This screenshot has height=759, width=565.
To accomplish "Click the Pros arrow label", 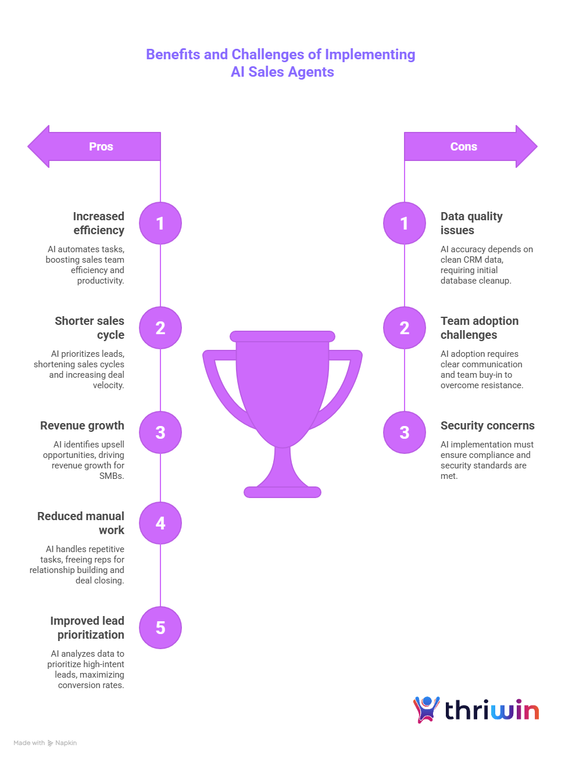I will [101, 146].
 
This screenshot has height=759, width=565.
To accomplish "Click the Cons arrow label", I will [463, 146].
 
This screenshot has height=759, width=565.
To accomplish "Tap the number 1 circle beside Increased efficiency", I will [160, 223].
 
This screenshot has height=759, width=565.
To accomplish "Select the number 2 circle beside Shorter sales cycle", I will [160, 328].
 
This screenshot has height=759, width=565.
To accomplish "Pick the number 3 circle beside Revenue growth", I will [160, 432].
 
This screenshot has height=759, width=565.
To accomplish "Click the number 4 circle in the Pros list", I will [160, 523].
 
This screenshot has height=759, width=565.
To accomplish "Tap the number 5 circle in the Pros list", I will [160, 628].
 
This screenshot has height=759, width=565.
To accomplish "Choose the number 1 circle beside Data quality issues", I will [405, 223].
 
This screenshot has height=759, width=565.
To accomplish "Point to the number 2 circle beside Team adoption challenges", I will [405, 328].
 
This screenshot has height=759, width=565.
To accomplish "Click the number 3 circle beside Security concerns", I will [405, 432].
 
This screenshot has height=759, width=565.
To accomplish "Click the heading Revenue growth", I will [82, 425].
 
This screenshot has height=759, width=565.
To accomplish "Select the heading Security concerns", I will [487, 425].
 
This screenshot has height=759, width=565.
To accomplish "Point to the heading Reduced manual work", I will [82, 523].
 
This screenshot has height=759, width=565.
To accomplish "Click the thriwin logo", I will [478, 710].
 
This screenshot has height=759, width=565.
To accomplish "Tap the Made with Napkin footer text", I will [45, 743].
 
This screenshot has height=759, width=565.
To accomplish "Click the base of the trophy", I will [282, 492].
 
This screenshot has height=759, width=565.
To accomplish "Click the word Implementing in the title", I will [370, 55].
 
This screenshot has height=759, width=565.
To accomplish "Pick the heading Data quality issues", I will [471, 223].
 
